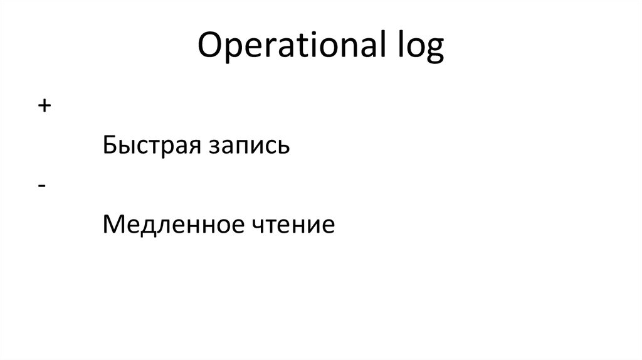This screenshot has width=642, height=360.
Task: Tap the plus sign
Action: [x=43, y=106]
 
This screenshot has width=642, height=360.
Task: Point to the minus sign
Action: [x=41, y=186]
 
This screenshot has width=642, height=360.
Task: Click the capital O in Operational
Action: [x=209, y=47]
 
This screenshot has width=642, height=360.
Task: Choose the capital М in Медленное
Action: [x=113, y=224]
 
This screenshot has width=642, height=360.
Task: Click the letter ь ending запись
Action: [x=284, y=149]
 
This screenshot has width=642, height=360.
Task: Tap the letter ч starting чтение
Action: [x=262, y=226]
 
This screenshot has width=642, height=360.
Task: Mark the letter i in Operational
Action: [x=317, y=47]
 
